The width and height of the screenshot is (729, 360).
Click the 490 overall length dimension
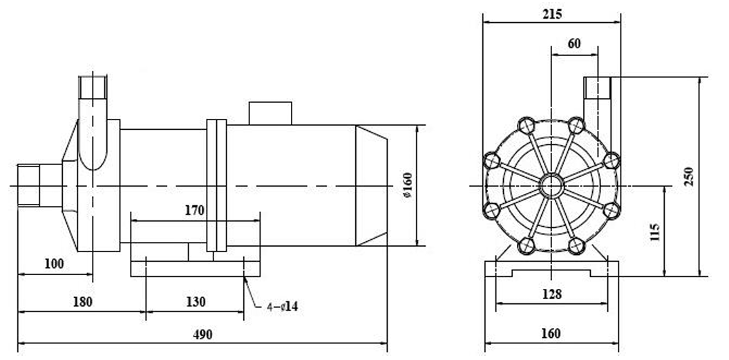(x=202, y=334)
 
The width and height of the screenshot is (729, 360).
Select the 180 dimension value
(x=82, y=302)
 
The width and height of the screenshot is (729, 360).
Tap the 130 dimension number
(x=196, y=302)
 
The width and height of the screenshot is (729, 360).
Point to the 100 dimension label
(x=53, y=263)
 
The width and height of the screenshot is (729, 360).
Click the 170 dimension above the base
(x=194, y=211)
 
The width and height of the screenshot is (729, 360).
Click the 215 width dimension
(x=552, y=13)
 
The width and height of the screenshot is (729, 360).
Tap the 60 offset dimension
(x=574, y=44)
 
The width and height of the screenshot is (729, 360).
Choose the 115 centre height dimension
(x=655, y=231)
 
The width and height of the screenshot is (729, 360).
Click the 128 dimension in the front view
(x=551, y=294)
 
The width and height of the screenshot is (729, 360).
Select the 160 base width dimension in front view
(x=551, y=334)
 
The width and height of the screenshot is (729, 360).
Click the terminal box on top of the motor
(x=270, y=113)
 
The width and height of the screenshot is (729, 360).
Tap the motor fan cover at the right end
(x=371, y=185)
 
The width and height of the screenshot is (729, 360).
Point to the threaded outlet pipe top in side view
(x=93, y=86)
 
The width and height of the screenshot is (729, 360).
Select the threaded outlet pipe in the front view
(x=597, y=88)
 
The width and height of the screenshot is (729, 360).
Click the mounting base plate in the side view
(x=196, y=268)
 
